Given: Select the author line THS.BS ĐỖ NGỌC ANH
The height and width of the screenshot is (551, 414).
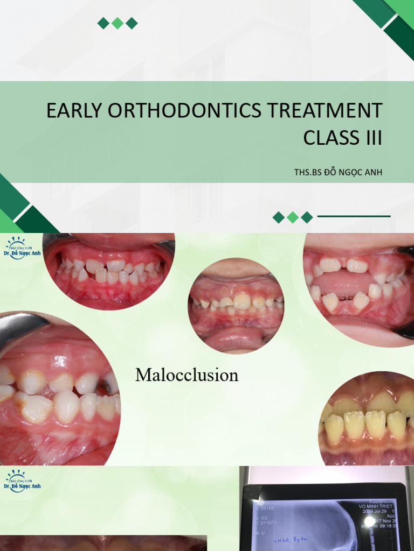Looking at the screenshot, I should point(338,172).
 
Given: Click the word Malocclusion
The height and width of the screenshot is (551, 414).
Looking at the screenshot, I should point(187,375).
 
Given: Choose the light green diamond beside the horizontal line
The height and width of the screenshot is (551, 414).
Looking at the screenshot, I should point(293,217).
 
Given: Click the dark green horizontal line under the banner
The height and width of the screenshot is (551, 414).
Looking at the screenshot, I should point(354,217).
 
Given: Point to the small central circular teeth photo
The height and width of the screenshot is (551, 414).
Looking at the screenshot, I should point(236,306).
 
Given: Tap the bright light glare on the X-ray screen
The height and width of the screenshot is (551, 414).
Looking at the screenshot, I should point(370,521).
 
